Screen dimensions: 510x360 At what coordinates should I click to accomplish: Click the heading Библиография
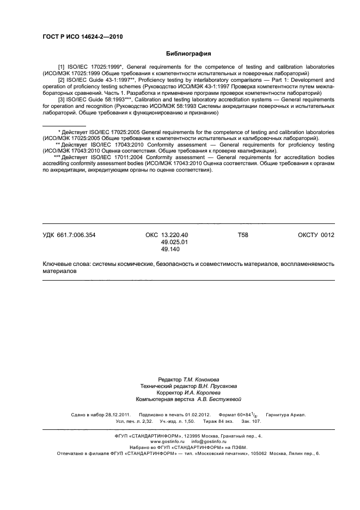[x=188, y=54]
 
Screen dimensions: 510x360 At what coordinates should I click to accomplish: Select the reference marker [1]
[x=61, y=66]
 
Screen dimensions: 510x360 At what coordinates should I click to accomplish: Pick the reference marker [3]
[x=61, y=100]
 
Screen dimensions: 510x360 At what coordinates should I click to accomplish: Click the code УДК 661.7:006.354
[x=69, y=235]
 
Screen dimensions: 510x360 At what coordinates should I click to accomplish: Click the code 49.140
[x=170, y=249]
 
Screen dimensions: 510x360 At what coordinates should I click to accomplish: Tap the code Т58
[x=243, y=235]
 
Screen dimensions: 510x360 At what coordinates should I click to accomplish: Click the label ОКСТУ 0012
[x=316, y=235]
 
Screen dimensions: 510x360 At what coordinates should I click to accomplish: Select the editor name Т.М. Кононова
[x=202, y=379]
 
